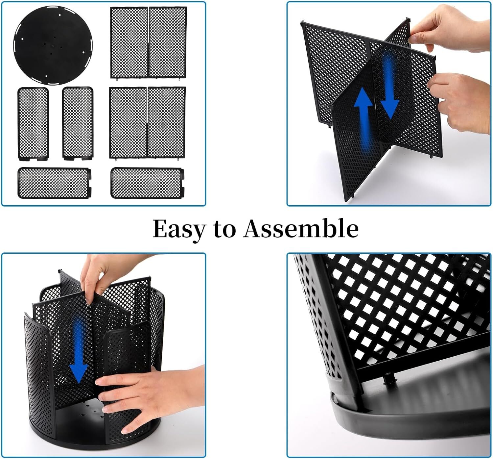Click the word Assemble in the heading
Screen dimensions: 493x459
(301, 228)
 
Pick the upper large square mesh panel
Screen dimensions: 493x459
(149, 42)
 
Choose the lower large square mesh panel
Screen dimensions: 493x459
(148, 123)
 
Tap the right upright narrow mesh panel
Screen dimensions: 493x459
(78, 123)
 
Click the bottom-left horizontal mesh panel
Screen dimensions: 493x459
(54, 183)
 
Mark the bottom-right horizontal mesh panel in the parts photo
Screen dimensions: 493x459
(148, 183)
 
